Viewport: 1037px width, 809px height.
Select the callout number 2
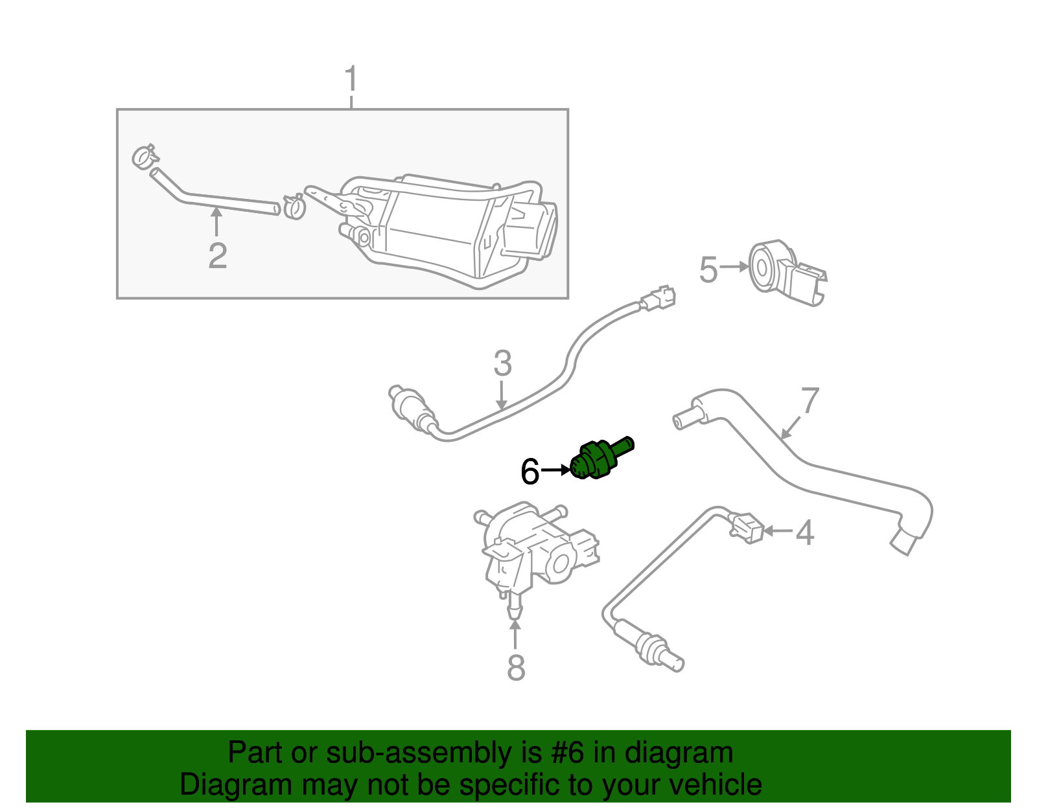tap(218, 256)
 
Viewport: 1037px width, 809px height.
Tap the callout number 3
tap(503, 363)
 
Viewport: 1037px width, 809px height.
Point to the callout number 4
tap(804, 532)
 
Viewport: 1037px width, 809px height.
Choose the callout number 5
tap(708, 270)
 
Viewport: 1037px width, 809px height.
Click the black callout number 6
tap(530, 472)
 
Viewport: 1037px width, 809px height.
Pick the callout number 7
tap(810, 400)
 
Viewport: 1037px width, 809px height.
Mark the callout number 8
tap(516, 667)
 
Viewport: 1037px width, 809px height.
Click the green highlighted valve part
tap(601, 458)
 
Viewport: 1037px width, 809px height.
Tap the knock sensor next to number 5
tap(787, 273)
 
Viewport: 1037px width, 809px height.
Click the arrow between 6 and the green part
tap(555, 470)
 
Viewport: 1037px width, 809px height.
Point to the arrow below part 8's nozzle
tap(515, 634)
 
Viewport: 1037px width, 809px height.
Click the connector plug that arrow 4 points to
tap(747, 528)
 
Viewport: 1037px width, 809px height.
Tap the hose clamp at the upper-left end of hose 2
tap(145, 156)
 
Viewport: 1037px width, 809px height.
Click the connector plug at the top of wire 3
tap(658, 299)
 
